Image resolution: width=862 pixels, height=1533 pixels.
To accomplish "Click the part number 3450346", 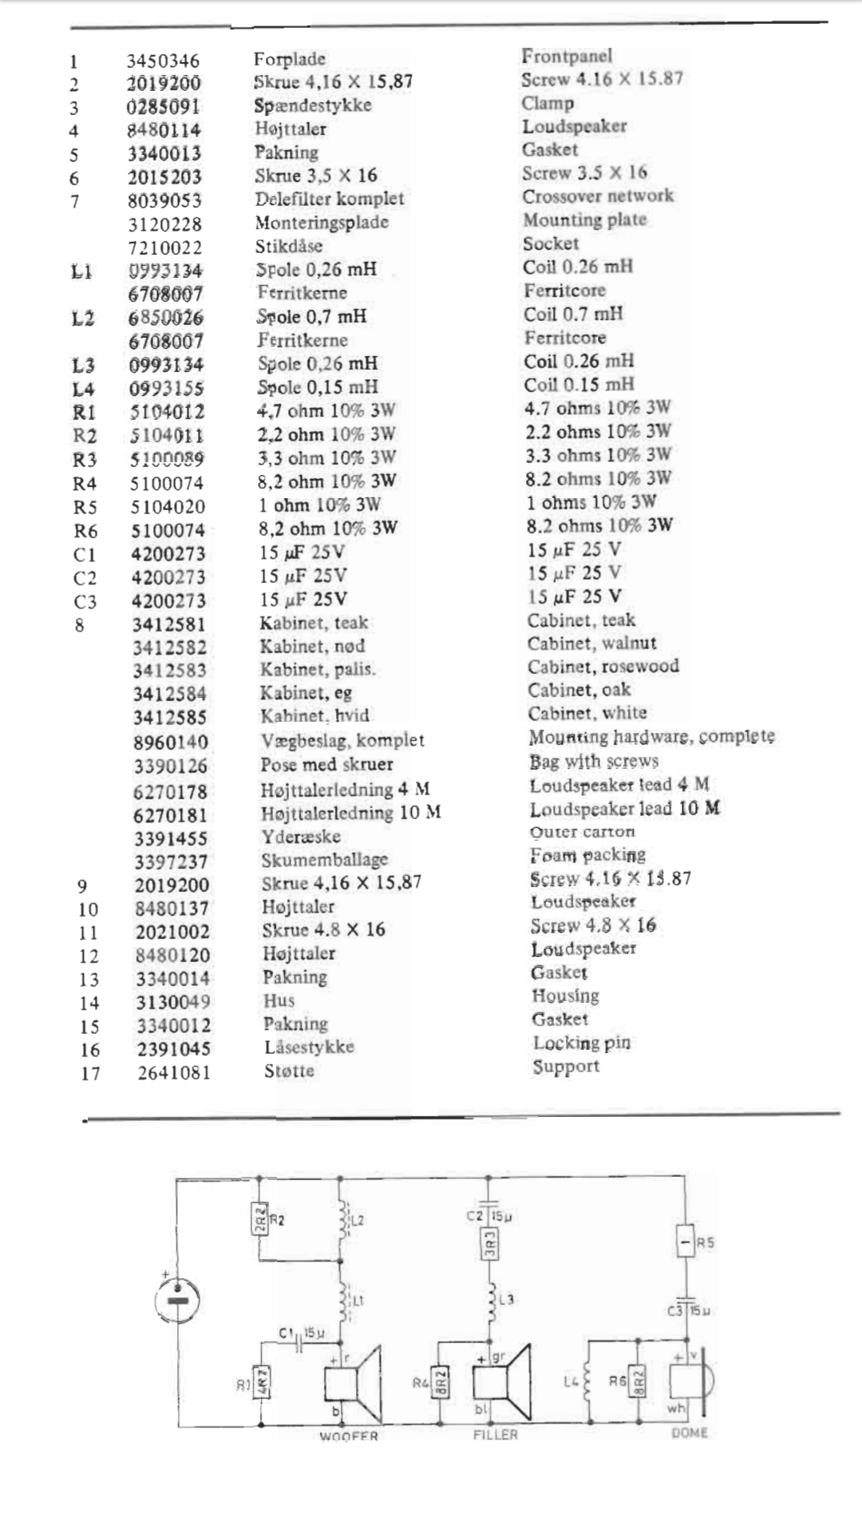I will tap(163, 61).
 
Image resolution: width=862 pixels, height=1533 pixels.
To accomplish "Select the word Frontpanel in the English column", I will tap(567, 56).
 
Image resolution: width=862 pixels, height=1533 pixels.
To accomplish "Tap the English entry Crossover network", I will tap(598, 196).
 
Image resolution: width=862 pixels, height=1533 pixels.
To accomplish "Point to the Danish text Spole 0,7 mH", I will tap(311, 317).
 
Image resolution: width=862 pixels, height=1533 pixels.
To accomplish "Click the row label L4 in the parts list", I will tap(83, 390).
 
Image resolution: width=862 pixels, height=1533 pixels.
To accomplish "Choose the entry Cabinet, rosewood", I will tap(603, 667).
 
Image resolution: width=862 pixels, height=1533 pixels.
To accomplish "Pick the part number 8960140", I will tap(170, 743).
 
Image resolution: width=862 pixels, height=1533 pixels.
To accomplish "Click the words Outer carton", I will tap(583, 832).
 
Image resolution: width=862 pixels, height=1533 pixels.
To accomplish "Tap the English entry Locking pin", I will tap(581, 1044).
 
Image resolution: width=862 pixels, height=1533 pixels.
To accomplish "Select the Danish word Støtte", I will tap(289, 1072).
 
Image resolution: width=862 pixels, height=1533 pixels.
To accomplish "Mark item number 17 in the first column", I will tap(90, 1074).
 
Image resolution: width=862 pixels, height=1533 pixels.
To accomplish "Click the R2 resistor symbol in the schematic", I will tap(260, 1219).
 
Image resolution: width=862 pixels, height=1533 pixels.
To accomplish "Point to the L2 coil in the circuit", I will tap(343, 1219).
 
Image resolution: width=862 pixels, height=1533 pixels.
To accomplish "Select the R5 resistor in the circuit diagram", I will tap(685, 1242).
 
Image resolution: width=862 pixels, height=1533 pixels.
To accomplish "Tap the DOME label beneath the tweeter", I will tap(690, 1433).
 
